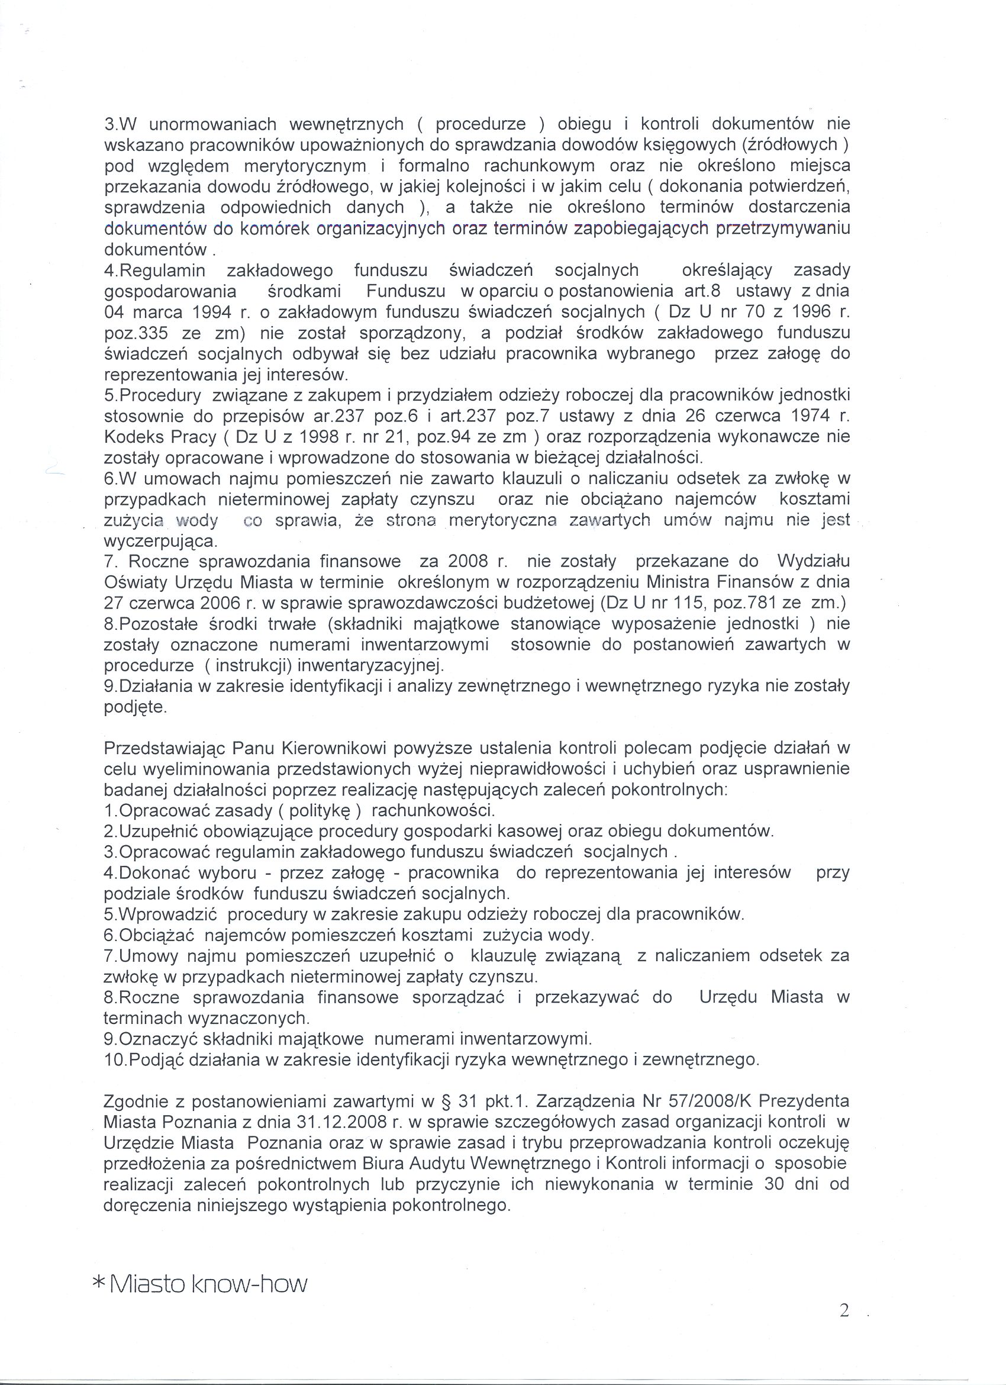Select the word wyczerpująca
click(160, 540)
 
